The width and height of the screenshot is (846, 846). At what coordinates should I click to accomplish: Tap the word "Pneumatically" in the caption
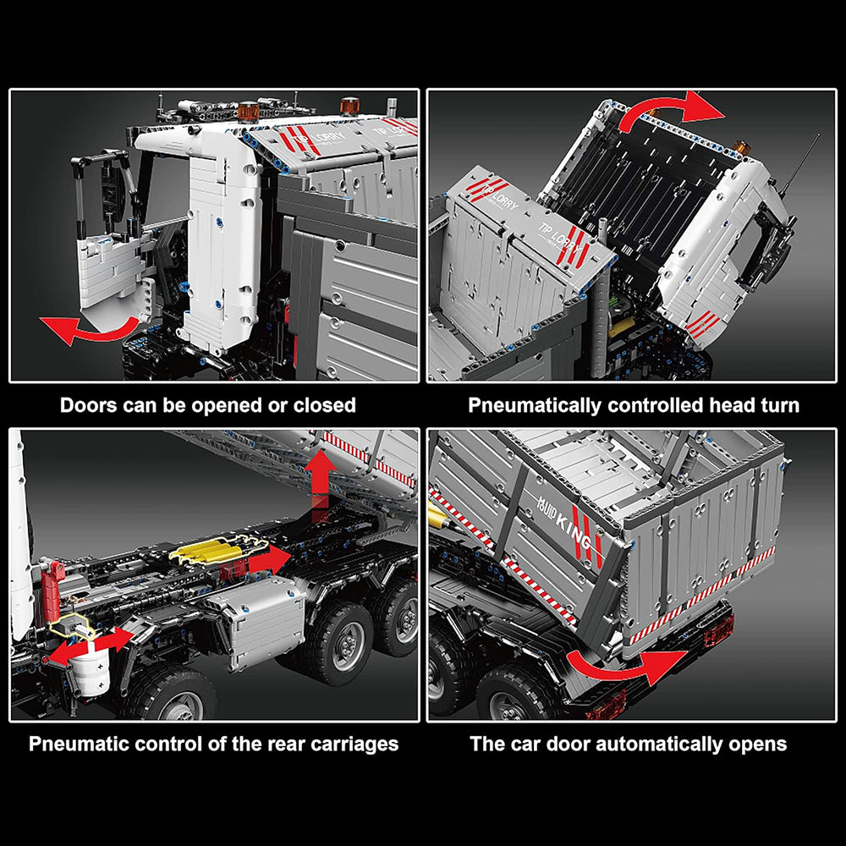pyautogui.click(x=534, y=406)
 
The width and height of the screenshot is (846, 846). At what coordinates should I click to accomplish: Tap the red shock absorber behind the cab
pyautogui.click(x=52, y=591)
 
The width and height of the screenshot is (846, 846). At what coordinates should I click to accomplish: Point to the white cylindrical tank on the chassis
pyautogui.click(x=91, y=672)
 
